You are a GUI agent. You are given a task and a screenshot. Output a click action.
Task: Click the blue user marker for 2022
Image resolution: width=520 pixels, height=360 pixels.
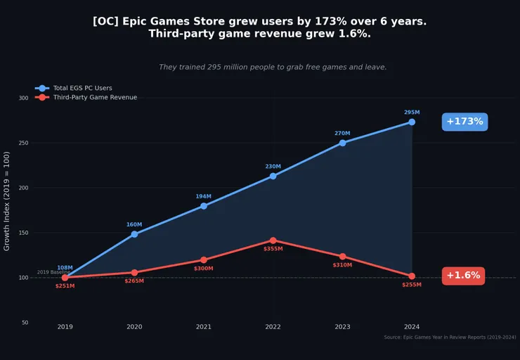click(273, 176)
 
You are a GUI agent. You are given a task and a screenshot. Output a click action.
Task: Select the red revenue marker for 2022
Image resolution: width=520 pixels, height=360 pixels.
click(273, 240)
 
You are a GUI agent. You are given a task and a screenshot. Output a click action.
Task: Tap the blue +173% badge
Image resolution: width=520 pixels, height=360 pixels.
click(464, 122)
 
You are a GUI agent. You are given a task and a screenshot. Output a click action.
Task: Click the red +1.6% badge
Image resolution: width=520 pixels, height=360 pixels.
click(463, 276)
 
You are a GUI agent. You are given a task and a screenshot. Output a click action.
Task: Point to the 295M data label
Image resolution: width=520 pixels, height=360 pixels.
click(412, 112)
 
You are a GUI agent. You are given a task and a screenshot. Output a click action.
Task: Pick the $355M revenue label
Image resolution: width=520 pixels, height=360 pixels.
click(273, 248)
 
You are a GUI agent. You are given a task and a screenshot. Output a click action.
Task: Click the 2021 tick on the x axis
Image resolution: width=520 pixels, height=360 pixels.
click(204, 326)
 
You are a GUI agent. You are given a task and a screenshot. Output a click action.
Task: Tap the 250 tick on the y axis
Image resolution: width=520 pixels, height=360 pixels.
click(23, 143)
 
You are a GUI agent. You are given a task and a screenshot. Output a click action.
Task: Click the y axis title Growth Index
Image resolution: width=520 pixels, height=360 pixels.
click(7, 201)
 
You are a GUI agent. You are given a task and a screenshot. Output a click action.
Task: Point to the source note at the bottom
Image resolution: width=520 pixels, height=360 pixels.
click(450, 337)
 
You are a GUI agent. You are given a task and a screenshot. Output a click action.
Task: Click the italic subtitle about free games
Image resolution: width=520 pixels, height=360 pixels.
click(273, 67)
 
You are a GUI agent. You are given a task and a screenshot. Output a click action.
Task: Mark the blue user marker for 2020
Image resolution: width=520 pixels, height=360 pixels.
click(134, 234)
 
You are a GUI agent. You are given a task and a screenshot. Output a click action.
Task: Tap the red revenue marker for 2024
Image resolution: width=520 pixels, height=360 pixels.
click(412, 276)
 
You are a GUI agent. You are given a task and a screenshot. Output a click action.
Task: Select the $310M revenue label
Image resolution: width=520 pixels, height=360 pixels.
click(342, 265)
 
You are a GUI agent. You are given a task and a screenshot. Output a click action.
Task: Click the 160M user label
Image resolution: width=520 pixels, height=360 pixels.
click(134, 225)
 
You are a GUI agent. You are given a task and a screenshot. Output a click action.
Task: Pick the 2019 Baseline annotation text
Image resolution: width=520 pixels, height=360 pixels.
click(53, 272)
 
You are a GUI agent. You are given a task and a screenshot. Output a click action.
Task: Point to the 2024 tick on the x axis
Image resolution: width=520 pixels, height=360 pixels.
click(412, 326)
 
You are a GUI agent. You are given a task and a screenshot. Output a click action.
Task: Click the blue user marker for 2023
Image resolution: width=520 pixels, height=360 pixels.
click(342, 143)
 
